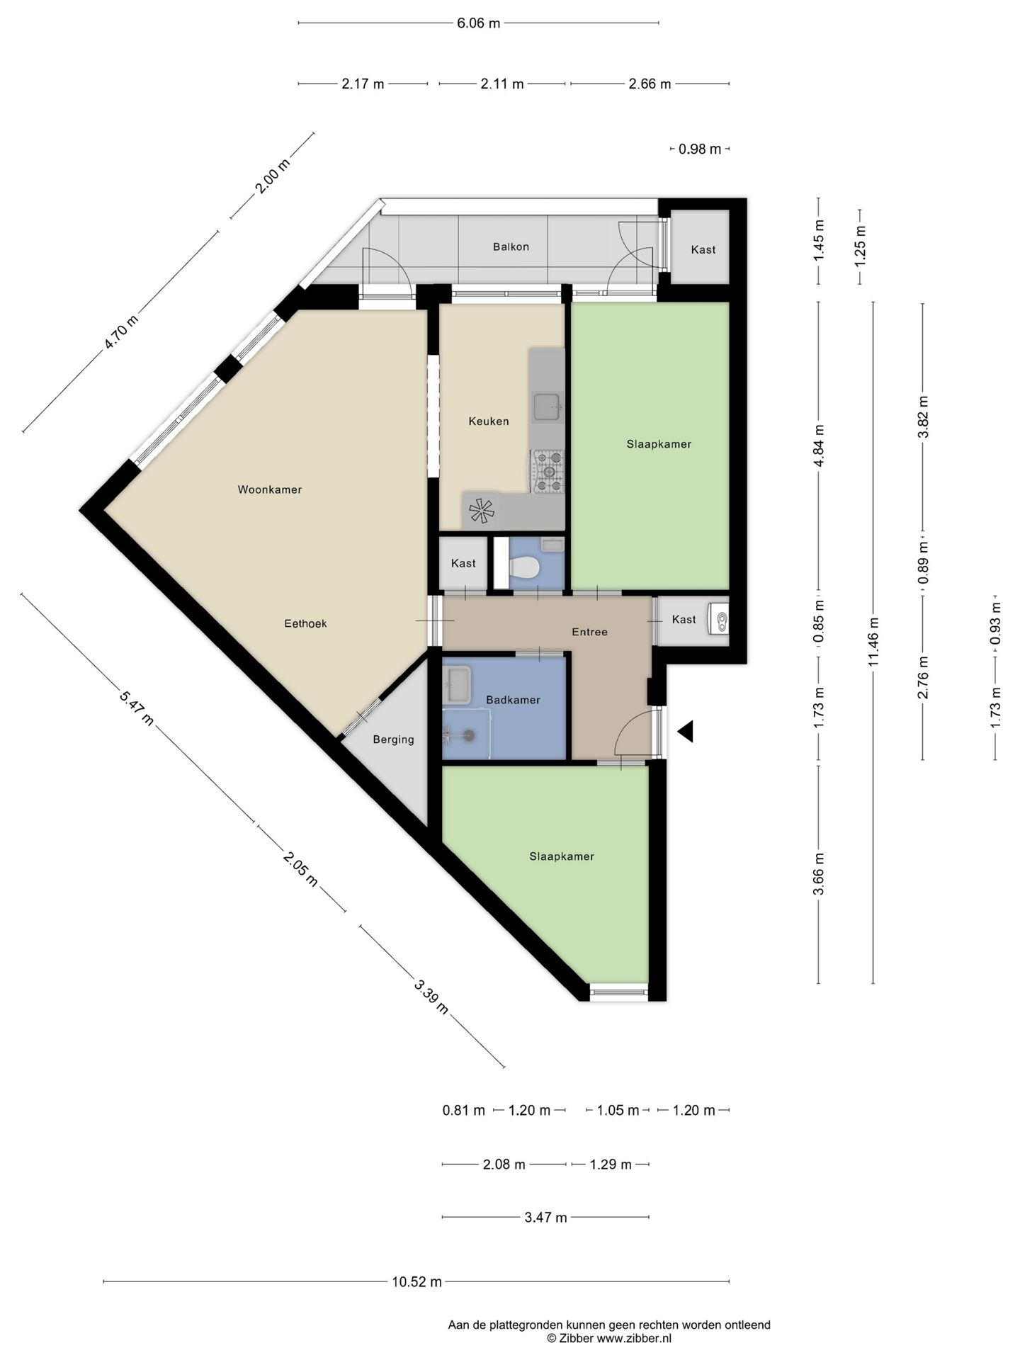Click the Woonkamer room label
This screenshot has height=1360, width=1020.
coord(270,489)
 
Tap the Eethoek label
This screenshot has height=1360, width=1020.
coord(305,623)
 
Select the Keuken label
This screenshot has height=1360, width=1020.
coord(489,421)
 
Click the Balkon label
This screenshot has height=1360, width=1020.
coord(511,246)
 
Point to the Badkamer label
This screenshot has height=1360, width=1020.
coord(513,700)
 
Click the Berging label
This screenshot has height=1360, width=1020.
coord(393,739)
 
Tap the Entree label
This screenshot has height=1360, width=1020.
coord(589,632)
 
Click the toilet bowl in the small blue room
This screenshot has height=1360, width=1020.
coord(525,567)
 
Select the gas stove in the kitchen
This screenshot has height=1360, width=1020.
coord(548,471)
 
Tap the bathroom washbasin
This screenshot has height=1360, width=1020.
coord(456,685)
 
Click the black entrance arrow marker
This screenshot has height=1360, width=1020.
coord(685,732)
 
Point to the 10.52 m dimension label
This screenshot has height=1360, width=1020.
coord(416,1281)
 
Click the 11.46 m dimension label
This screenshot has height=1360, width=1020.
coord(873,642)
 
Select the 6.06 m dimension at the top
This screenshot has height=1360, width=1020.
coord(479,23)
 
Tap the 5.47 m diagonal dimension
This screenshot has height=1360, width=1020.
coord(136,707)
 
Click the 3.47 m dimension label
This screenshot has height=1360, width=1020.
coord(545,1218)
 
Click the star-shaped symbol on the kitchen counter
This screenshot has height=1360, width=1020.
coord(482,511)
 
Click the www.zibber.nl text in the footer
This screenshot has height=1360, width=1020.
coord(634,1338)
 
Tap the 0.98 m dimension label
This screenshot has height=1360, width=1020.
coord(700,149)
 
